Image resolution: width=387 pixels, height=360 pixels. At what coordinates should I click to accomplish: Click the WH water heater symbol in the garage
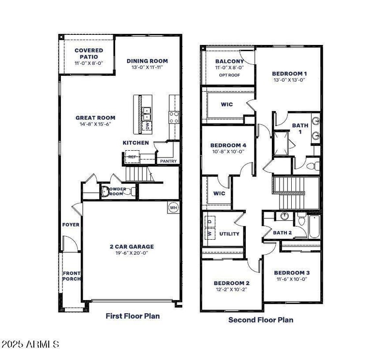173,208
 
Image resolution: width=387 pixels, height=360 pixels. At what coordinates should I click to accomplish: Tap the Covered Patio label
89,53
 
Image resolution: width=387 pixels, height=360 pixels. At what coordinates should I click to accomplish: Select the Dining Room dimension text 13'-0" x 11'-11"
147,68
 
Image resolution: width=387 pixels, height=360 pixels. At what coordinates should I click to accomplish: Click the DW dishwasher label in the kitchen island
148,126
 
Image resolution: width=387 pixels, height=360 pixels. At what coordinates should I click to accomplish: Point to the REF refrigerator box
132,157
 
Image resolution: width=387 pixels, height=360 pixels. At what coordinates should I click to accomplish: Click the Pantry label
168,161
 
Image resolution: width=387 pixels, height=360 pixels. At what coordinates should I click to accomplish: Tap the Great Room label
95,117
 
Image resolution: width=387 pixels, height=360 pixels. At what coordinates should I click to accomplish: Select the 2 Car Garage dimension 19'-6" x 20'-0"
132,253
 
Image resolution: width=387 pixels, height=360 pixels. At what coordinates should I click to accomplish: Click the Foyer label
71,225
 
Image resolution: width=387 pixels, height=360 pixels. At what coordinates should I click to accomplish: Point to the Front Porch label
71,276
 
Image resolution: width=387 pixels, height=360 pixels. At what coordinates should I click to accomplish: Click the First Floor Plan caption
133,316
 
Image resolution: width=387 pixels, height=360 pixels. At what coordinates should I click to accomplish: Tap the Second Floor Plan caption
260,319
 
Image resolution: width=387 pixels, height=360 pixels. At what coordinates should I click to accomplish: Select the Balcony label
229,61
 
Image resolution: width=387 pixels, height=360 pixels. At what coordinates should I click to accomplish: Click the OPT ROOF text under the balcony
229,75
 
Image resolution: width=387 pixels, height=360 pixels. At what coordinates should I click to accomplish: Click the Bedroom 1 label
289,73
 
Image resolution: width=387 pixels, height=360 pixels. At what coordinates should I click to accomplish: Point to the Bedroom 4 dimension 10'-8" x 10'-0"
228,152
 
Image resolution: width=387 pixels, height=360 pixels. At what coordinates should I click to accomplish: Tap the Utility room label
229,234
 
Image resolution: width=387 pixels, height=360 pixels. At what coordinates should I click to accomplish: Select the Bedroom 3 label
292,273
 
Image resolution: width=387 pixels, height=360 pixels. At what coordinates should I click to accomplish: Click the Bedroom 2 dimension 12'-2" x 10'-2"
232,290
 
